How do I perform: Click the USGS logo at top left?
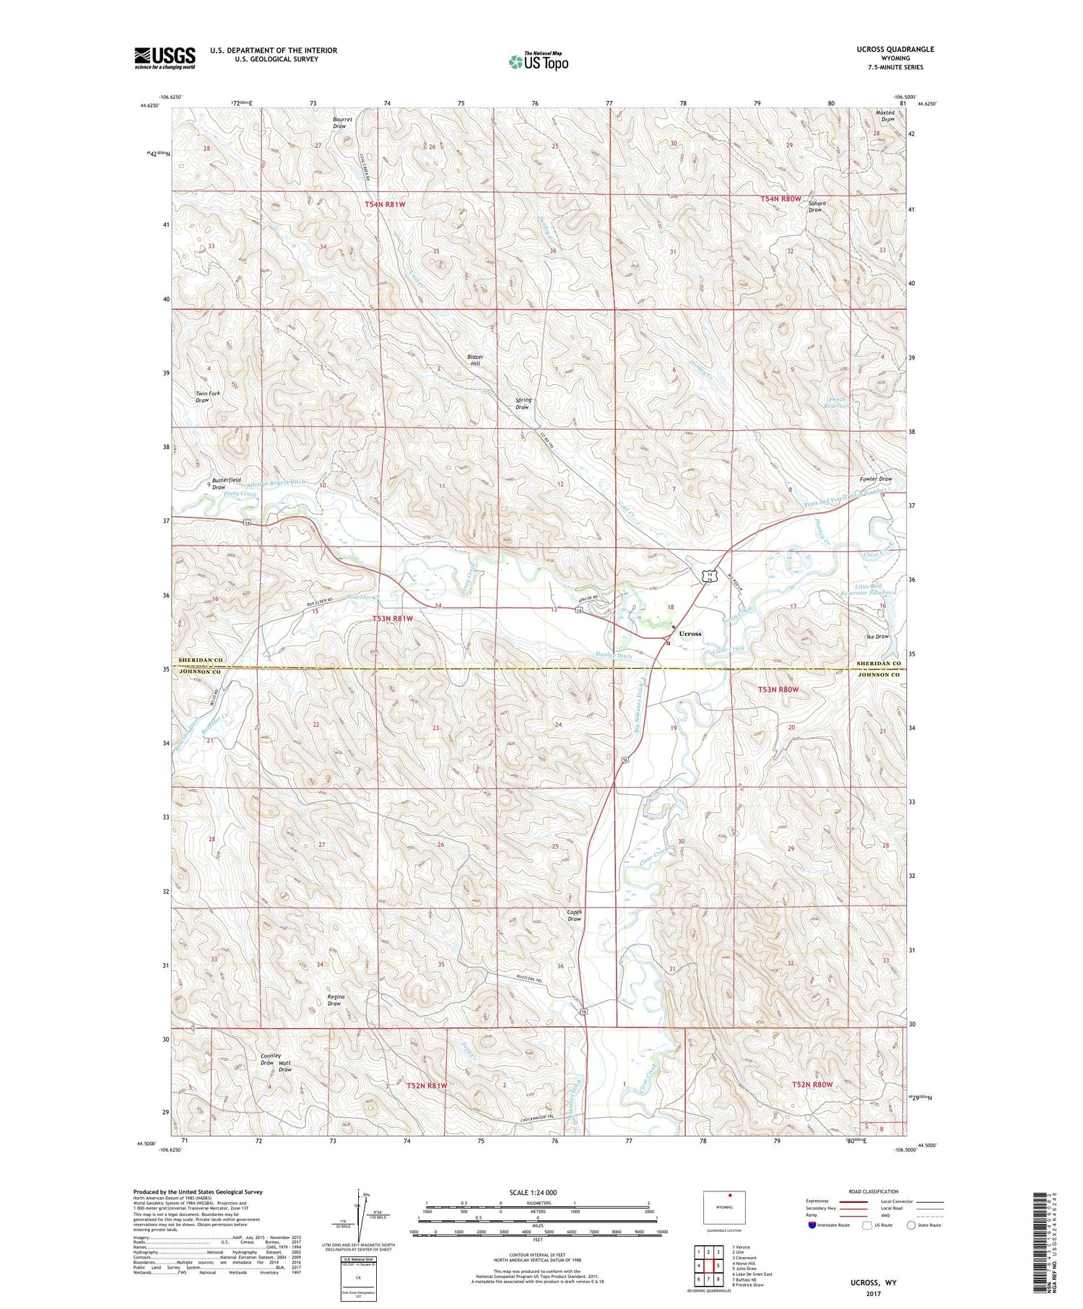(x=165, y=58)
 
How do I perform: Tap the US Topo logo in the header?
(x=538, y=62)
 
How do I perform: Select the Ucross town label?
(x=690, y=633)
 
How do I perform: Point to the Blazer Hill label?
(x=474, y=360)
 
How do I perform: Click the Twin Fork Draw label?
(x=207, y=396)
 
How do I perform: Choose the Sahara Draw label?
(x=816, y=206)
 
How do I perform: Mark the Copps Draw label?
(x=574, y=916)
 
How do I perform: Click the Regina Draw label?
(x=334, y=1000)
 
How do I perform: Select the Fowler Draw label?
(x=876, y=479)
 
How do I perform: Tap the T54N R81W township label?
(x=385, y=204)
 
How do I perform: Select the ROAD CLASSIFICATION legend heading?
(x=874, y=1191)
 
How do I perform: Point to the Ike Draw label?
(x=877, y=637)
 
